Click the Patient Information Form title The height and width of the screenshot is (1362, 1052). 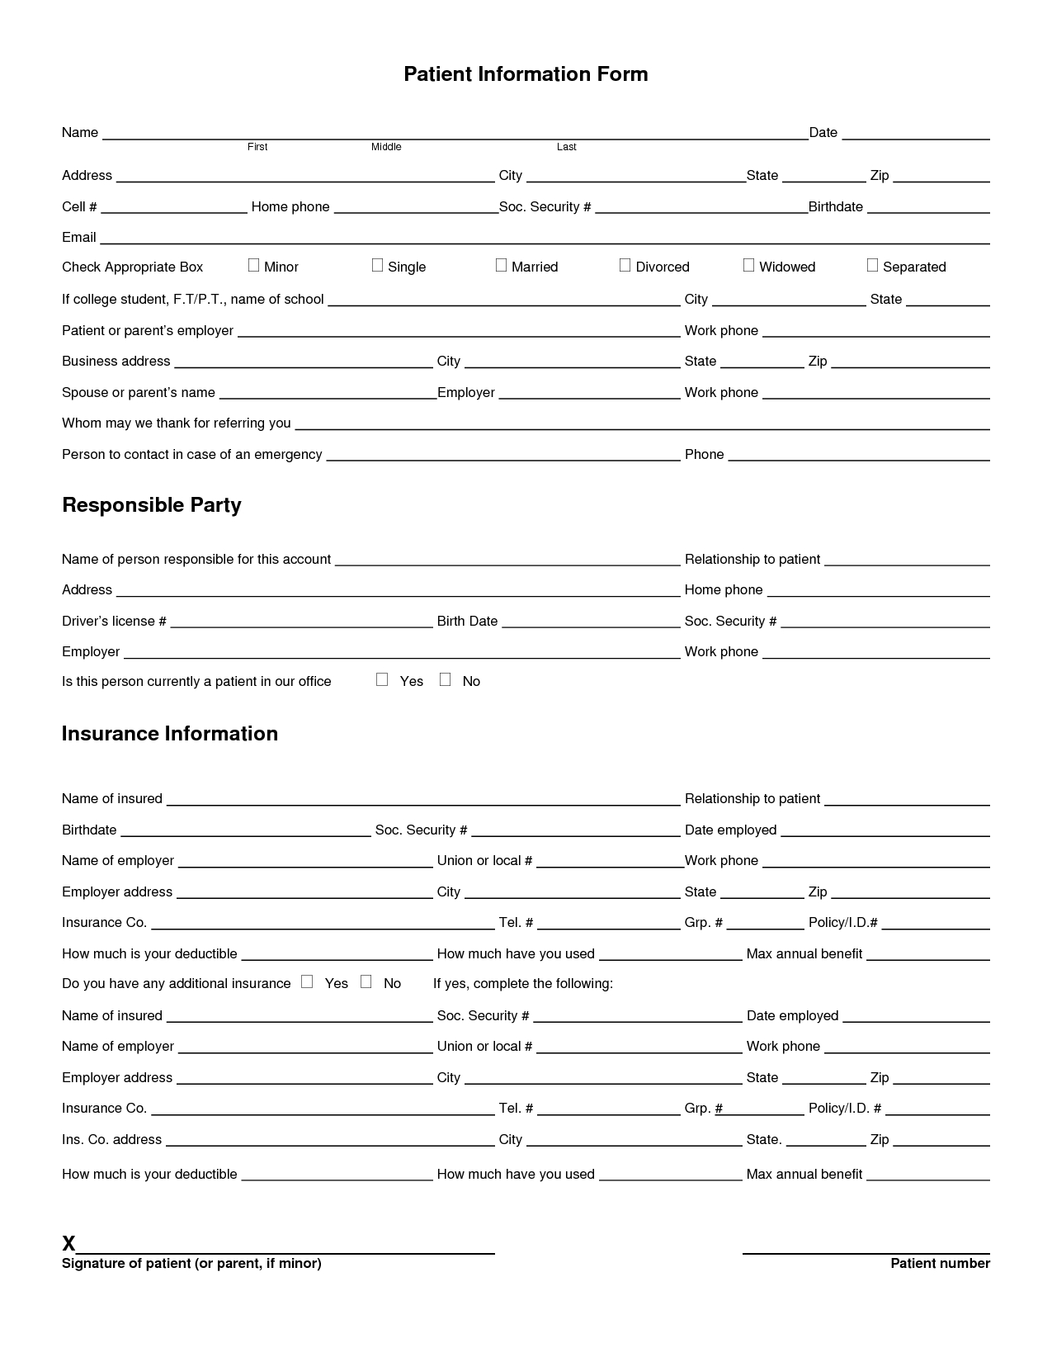point(526,74)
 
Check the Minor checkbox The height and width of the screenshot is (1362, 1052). point(253,265)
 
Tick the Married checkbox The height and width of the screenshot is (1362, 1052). point(501,265)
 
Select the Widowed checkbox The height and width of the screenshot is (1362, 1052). point(748,265)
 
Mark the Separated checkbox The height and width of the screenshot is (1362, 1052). point(872,265)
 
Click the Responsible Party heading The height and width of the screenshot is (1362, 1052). point(152,505)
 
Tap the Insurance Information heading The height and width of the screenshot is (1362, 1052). point(170,734)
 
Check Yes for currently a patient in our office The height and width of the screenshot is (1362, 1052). point(382,679)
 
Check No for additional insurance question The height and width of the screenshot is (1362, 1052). point(366,981)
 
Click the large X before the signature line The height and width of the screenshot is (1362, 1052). point(69,1243)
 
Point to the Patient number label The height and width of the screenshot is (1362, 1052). point(940,1263)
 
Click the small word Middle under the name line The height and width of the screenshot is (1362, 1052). point(386,147)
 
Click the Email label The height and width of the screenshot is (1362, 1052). point(79,238)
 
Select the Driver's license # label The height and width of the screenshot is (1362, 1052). point(114,621)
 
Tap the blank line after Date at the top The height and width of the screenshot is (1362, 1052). point(915,134)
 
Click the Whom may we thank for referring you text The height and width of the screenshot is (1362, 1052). point(177,423)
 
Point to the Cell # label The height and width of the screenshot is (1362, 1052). point(79,206)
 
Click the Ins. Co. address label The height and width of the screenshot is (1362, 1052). point(111,1139)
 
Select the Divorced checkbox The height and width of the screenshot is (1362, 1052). point(625,265)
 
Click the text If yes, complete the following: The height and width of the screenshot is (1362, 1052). point(523,983)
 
